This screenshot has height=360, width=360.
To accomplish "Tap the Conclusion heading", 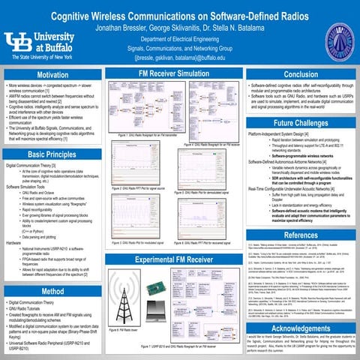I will [x=300, y=74].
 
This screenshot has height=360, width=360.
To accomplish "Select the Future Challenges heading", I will [x=300, y=122].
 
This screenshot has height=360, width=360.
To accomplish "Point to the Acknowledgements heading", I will [x=300, y=329].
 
